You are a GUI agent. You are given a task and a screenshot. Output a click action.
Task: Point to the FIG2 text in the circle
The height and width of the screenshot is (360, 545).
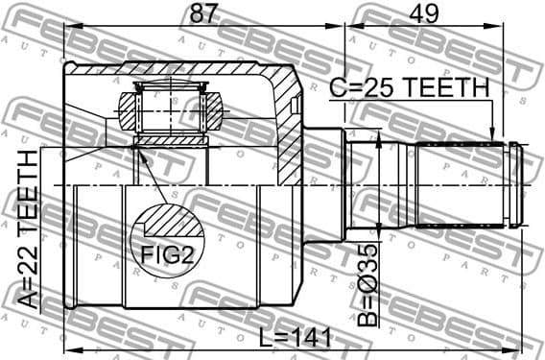click(168, 255)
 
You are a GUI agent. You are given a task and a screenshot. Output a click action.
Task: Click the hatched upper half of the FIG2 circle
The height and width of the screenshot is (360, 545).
click(168, 223)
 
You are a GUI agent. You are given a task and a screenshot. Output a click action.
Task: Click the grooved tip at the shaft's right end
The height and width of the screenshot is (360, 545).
click(517, 184)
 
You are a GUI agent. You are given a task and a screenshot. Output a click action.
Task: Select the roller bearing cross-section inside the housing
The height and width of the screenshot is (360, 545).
click(171, 111)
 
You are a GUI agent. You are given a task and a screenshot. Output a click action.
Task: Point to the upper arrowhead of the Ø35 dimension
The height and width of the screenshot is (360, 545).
click(381, 142)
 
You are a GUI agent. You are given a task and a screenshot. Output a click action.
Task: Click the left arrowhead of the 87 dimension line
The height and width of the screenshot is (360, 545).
click(69, 27)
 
